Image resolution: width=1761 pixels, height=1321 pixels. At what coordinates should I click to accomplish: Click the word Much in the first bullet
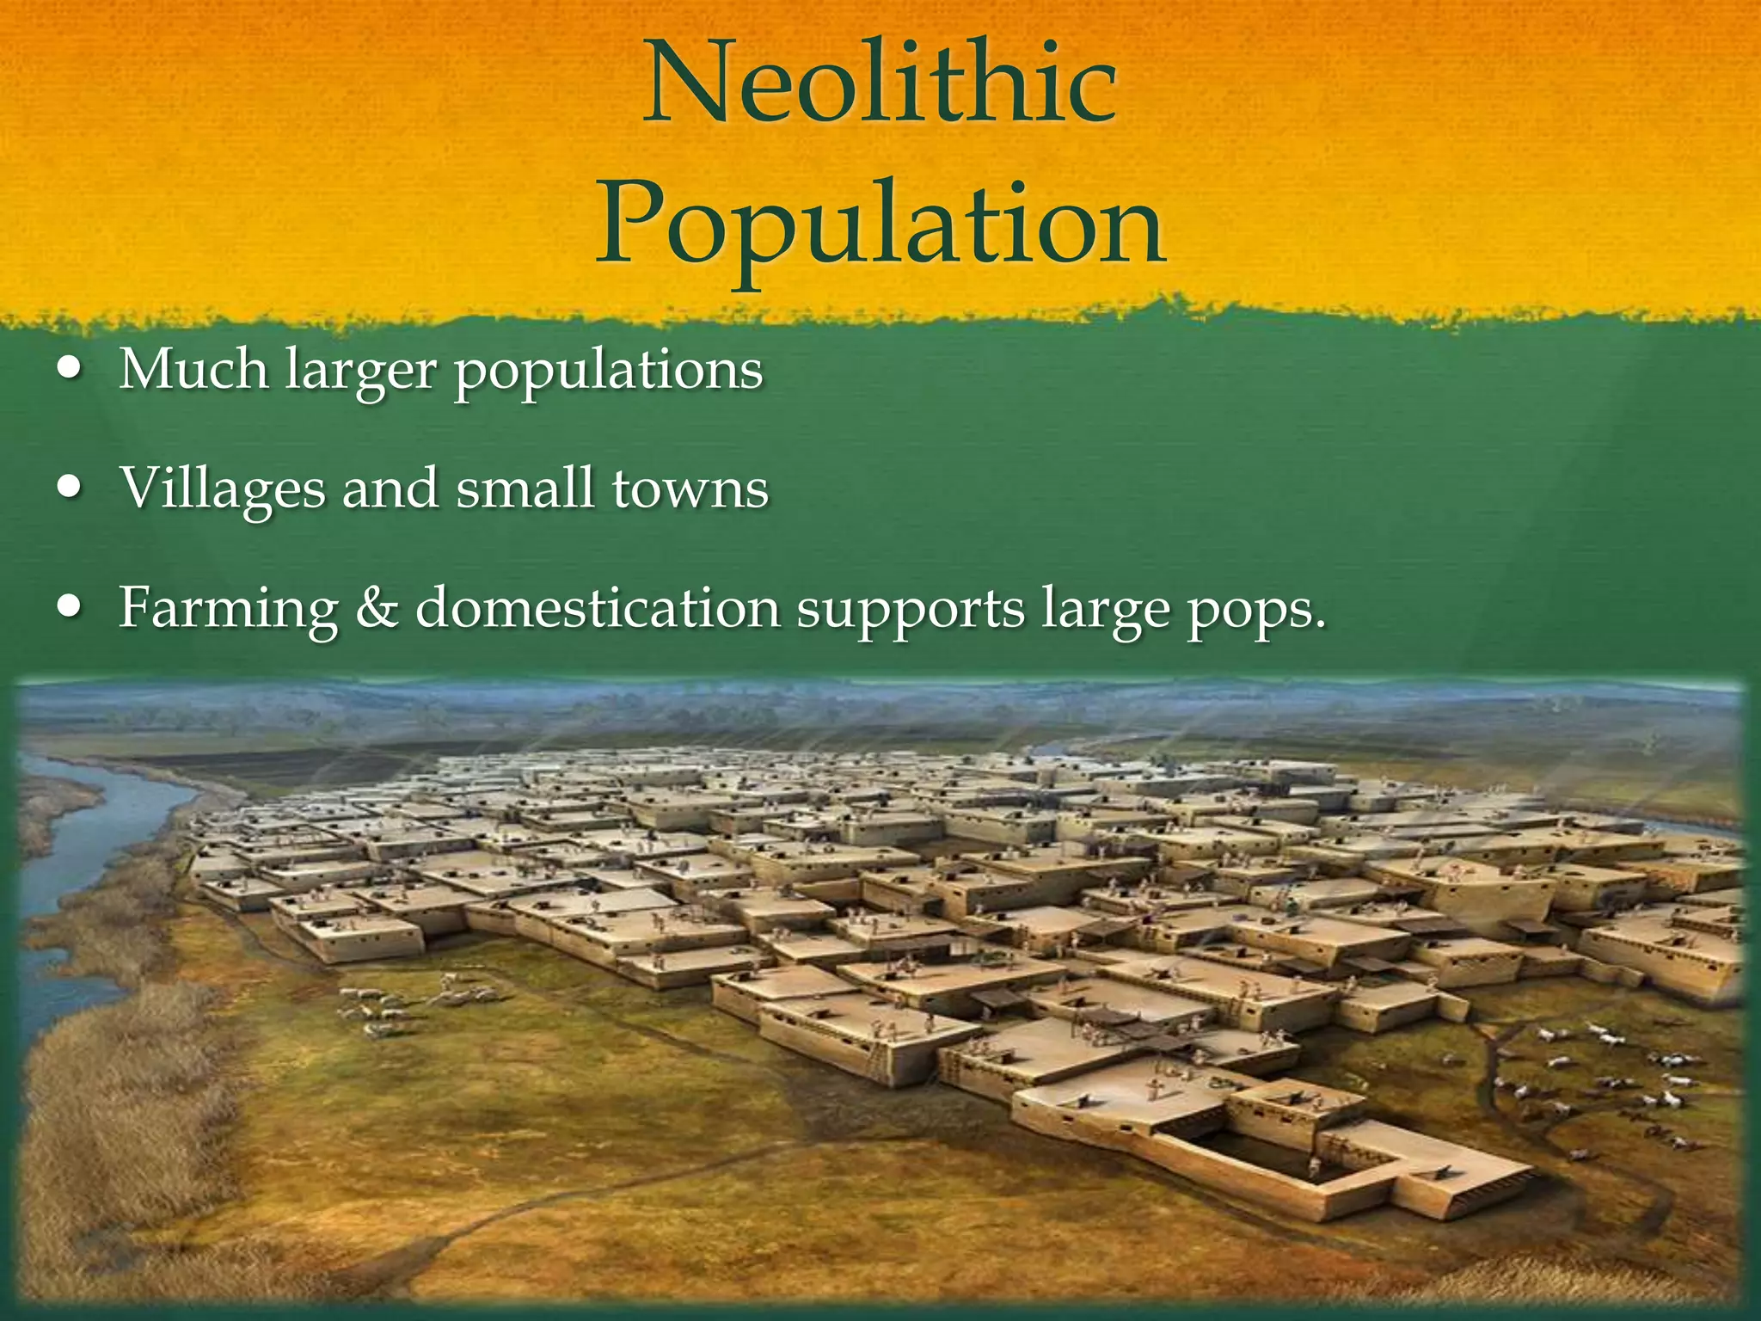click(x=194, y=370)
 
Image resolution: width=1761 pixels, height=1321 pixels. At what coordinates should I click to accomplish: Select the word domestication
click(x=598, y=608)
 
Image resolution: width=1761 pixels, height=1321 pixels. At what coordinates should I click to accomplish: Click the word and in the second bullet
click(x=390, y=488)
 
